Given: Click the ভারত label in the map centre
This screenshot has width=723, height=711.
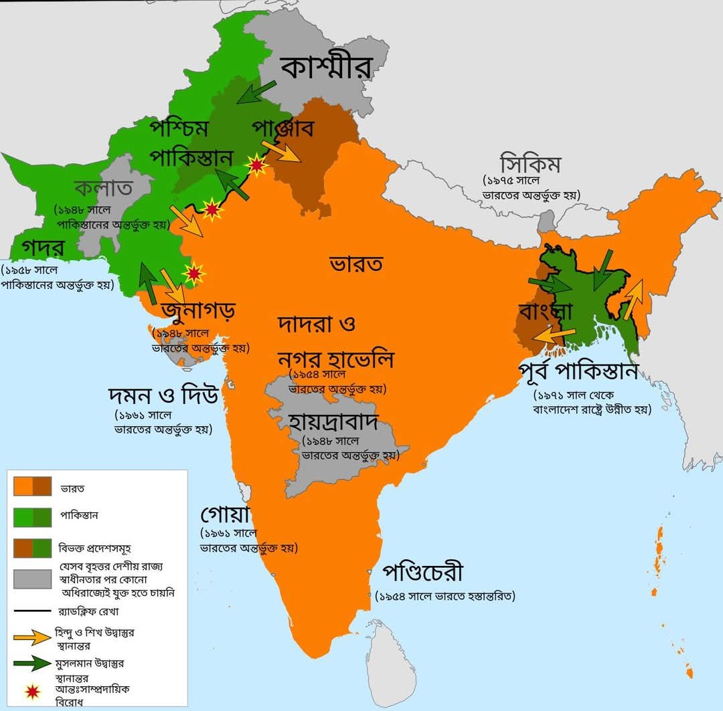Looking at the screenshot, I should pos(355,264).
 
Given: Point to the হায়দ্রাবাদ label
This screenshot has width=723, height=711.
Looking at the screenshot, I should pos(335,423).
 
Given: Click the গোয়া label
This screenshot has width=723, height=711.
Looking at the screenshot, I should pos(225,516).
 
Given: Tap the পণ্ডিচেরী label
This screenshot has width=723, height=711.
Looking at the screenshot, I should pos(422,574).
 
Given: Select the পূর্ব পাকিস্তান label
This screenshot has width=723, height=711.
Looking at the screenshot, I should pos(578,371).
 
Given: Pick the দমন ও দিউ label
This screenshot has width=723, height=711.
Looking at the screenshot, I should pos(163,396).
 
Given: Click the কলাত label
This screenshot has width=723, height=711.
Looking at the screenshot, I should pos(104,187).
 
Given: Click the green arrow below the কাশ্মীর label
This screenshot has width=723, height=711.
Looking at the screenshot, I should pos(256,92).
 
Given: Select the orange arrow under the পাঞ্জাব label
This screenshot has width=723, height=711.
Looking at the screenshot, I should pos(280,152).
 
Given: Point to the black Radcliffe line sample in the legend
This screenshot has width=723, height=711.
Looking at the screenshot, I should pos(32,611).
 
